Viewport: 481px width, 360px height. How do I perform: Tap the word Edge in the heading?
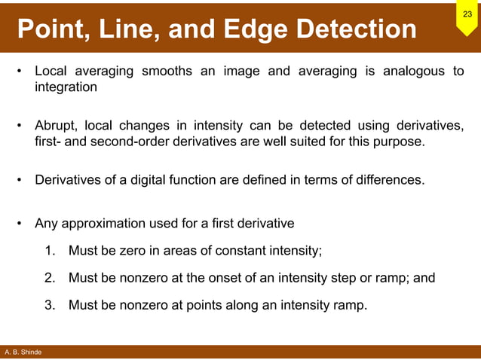click(x=259, y=29)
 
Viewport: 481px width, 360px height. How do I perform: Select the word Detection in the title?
click(x=357, y=29)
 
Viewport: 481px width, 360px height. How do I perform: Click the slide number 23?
click(x=467, y=15)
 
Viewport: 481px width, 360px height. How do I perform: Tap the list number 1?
click(x=49, y=251)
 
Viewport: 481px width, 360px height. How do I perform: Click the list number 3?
click(x=49, y=305)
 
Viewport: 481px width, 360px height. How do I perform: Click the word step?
click(x=345, y=278)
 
